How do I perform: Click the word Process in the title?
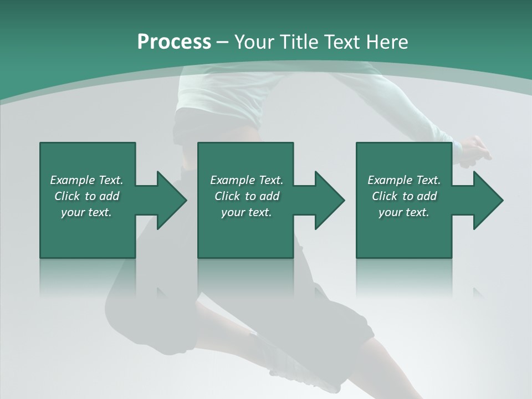click(x=174, y=42)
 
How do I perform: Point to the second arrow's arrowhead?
click(x=329, y=200)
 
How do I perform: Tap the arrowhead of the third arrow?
click(x=488, y=200)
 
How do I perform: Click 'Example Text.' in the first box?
click(x=86, y=180)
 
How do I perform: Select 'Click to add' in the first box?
click(x=86, y=196)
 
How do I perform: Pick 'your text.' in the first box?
click(x=86, y=212)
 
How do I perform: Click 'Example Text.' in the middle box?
click(x=247, y=180)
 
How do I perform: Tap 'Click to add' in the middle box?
click(x=247, y=196)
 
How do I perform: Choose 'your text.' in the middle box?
click(x=247, y=212)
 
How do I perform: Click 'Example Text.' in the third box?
click(x=404, y=180)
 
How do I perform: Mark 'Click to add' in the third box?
click(x=404, y=196)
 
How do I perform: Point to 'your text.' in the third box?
click(x=404, y=212)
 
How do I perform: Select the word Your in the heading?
click(x=254, y=42)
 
